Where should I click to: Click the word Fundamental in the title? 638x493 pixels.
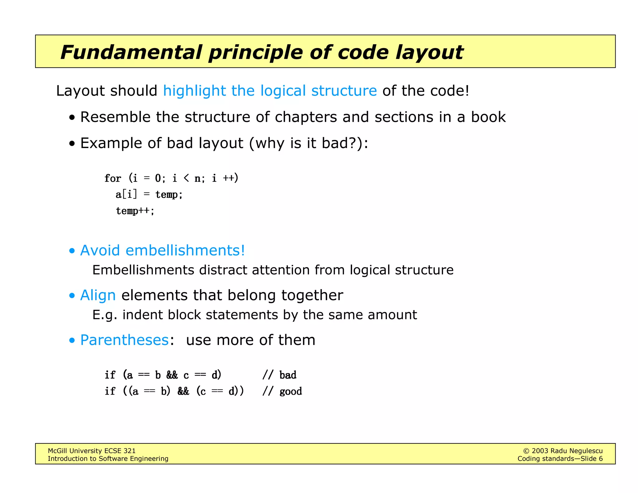[x=131, y=52]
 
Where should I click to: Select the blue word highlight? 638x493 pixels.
[x=194, y=91]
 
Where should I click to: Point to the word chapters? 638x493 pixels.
[x=306, y=117]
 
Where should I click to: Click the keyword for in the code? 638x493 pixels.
[x=112, y=178]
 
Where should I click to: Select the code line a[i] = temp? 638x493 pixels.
[x=149, y=194]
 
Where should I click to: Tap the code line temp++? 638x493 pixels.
[x=135, y=211]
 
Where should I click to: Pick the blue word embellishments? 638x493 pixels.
[x=185, y=250]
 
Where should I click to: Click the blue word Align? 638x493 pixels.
[x=98, y=295]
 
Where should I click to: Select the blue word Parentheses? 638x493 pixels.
[x=124, y=340]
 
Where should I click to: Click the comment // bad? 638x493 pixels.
[x=279, y=375]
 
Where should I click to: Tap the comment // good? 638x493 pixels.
[x=282, y=391]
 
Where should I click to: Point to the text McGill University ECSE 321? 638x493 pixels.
[x=92, y=451]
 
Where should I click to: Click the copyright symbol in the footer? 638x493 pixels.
[x=526, y=451]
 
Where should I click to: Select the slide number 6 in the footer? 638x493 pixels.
[x=600, y=459]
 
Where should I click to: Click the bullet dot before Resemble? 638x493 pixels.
[x=72, y=118]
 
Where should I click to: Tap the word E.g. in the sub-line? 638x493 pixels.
[x=105, y=315]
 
